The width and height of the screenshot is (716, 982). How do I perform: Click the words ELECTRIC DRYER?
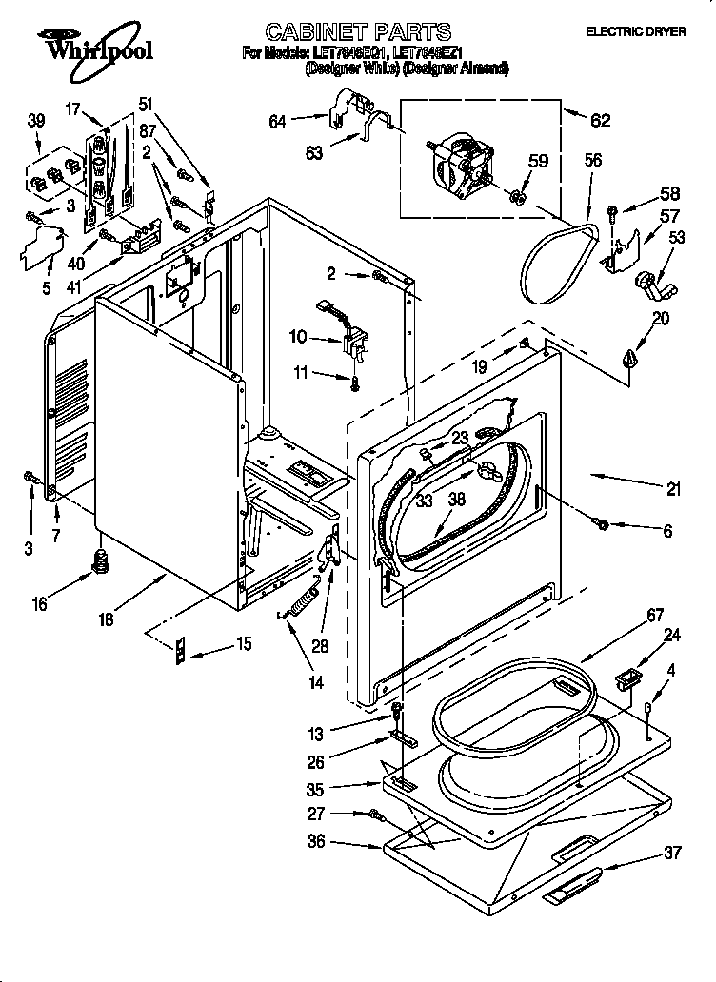coord(635,31)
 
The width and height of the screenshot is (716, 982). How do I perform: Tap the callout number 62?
coord(600,121)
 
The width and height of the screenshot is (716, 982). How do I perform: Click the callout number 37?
coord(672,853)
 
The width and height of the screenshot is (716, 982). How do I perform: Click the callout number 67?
coord(654,617)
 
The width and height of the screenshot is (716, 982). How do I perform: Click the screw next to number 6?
coord(602,522)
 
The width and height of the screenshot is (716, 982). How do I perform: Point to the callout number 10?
coord(298,336)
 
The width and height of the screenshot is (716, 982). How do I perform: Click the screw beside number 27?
coord(376,815)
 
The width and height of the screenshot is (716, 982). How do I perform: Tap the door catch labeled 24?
coord(626,680)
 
